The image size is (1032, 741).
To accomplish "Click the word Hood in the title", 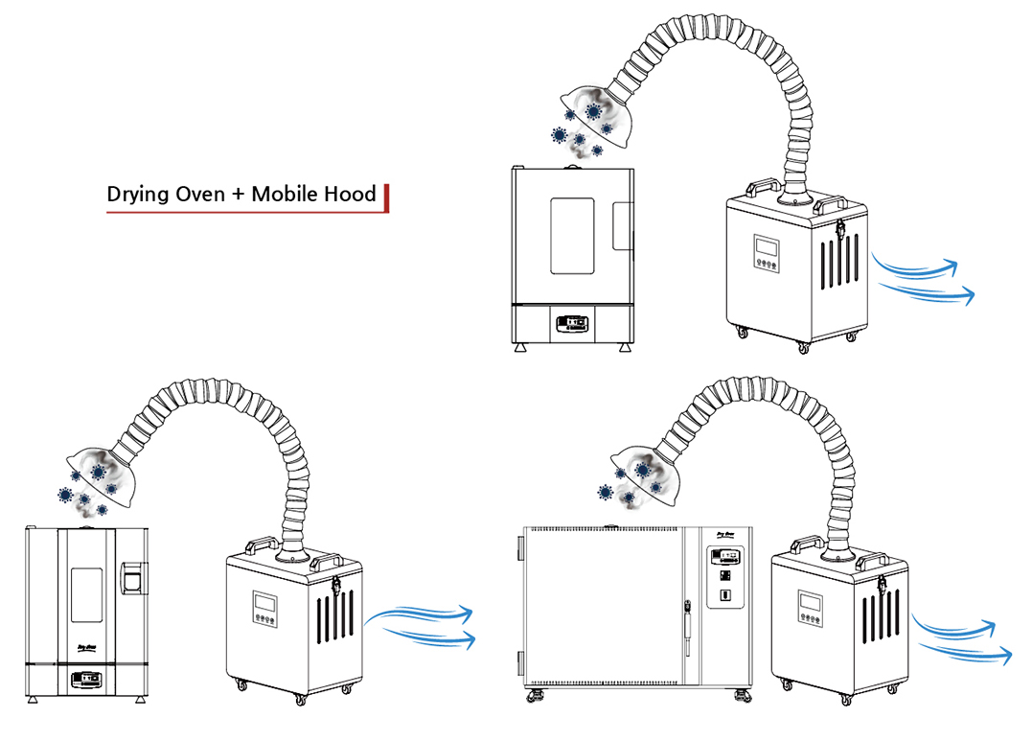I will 351,194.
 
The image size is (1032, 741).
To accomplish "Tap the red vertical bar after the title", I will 386,196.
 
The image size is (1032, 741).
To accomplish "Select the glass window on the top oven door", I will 572,235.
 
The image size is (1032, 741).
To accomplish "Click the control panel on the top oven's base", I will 572,324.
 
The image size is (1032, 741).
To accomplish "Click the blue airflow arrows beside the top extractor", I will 925,278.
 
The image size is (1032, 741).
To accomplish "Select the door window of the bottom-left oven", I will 87,598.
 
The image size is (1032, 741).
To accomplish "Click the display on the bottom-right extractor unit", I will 810,604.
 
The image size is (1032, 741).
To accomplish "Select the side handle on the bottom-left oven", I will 133,576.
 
